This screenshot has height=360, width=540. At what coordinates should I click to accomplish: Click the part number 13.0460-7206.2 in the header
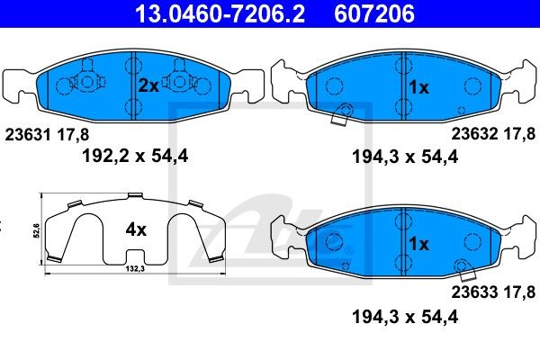point(220,13)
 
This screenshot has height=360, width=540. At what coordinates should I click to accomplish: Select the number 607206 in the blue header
point(374,13)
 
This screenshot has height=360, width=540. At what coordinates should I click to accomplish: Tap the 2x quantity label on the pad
point(148,85)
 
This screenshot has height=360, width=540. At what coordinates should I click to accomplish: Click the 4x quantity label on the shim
point(136,229)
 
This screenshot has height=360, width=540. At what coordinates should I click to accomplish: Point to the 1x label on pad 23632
point(418,87)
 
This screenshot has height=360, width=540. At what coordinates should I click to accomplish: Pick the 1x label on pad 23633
point(418,244)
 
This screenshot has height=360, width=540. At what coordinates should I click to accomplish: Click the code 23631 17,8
point(47,134)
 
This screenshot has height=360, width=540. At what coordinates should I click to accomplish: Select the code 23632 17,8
point(493,134)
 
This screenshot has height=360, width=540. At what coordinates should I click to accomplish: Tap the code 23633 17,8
point(493,292)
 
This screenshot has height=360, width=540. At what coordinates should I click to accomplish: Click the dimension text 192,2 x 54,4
point(135,156)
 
